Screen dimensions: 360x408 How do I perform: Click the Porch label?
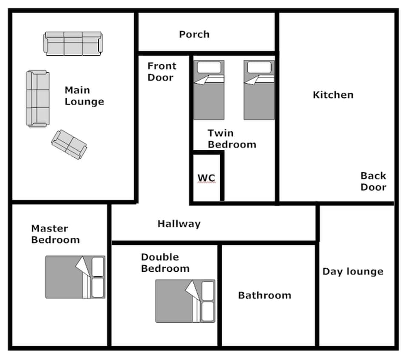[194, 34]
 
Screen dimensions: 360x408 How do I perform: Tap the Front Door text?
[161, 72]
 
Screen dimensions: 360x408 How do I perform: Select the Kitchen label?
[333, 95]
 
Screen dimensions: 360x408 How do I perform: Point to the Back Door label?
[373, 181]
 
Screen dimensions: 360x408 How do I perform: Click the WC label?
[206, 177]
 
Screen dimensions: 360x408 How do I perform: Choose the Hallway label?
[179, 223]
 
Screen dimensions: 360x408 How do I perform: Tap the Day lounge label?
[353, 272]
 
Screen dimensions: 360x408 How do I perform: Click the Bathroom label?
[264, 295]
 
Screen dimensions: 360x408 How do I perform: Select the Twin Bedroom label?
[232, 139]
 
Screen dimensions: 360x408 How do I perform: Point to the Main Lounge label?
[84, 96]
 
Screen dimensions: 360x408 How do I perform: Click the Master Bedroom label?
[55, 234]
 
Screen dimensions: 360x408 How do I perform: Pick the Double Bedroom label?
[165, 263]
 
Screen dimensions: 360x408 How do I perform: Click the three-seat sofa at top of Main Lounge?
[73, 43]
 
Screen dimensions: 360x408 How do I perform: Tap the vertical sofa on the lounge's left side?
[38, 98]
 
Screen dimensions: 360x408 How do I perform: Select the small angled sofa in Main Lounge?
[69, 144]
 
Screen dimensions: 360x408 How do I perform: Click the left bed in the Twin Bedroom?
[209, 90]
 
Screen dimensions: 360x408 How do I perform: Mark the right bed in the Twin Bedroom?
[259, 90]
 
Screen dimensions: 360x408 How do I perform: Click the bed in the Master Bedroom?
[75, 277]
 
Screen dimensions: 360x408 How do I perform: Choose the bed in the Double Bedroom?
[185, 301]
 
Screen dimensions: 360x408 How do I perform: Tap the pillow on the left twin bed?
[209, 67]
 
